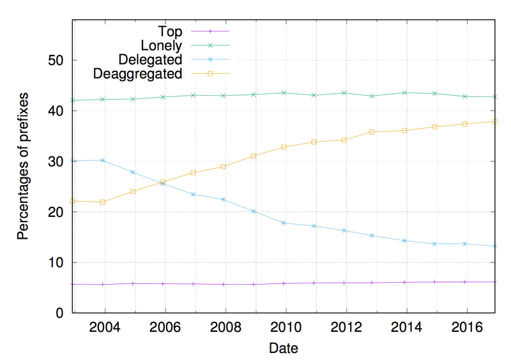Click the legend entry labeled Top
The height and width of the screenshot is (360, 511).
coord(169,31)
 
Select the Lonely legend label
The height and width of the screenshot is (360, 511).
coord(160,45)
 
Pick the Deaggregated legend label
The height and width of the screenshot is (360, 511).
coord(137,73)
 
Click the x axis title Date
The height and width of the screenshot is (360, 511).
coord(283,349)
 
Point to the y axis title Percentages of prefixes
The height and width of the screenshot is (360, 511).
coord(23,172)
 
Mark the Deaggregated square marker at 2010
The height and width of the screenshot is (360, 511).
coord(284,147)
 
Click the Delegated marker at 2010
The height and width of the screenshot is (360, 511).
coord(284,223)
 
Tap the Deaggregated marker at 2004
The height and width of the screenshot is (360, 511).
coord(103,202)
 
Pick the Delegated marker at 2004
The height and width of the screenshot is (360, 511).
coord(103,160)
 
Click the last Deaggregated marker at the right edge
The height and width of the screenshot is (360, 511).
coord(495,121)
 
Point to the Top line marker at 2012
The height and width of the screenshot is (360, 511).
coord(344,283)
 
